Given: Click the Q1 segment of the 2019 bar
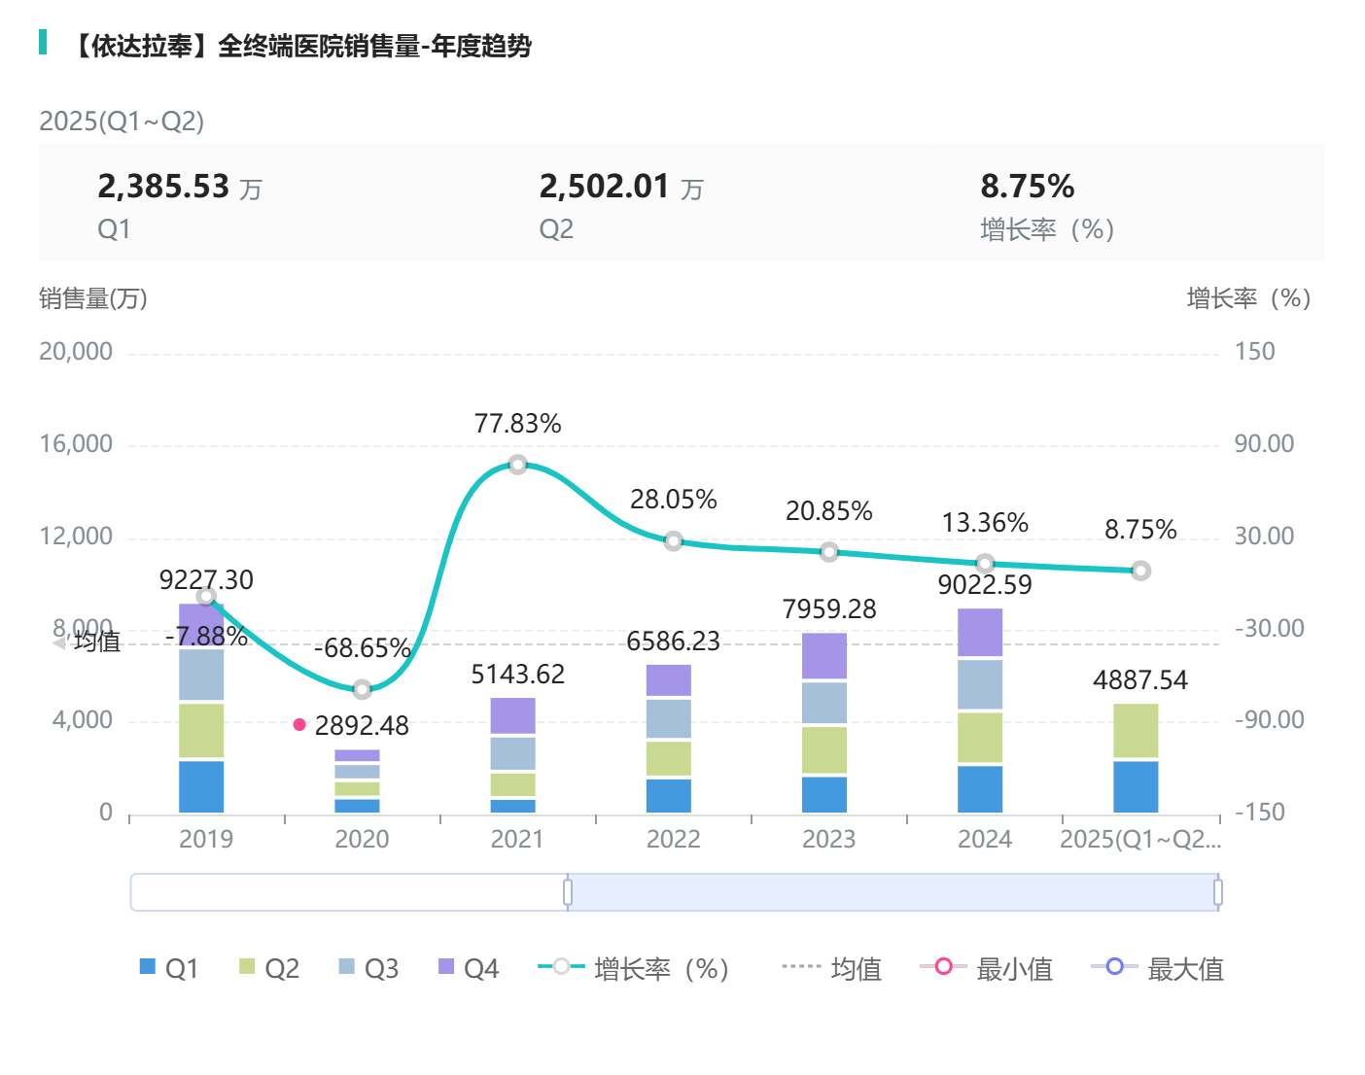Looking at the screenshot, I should tap(201, 786).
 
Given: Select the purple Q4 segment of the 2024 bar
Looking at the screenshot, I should tap(980, 633).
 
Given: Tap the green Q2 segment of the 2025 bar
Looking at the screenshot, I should tap(1136, 730).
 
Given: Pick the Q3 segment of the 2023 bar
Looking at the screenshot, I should tap(824, 703).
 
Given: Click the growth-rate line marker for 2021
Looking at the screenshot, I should tap(518, 465).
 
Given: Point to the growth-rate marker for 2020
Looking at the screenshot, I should tap(362, 689).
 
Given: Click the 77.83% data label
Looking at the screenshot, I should tap(517, 424).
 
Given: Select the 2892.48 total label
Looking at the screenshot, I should tap(362, 726).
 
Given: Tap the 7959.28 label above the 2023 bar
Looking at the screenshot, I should tap(829, 609).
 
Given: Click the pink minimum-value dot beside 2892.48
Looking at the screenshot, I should tap(299, 724).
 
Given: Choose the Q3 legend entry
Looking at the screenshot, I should tap(368, 968).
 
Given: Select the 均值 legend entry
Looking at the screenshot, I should tap(832, 968).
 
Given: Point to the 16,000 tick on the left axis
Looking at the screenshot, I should tap(76, 444).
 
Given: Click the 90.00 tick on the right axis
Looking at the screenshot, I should tap(1264, 444).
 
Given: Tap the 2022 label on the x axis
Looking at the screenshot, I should tap(673, 839).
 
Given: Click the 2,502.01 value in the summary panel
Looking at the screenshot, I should tap(605, 186).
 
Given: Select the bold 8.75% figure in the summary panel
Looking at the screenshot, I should tap(1027, 186).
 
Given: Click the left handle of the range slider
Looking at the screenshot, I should tap(568, 892).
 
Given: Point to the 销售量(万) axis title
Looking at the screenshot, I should tap(93, 298).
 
